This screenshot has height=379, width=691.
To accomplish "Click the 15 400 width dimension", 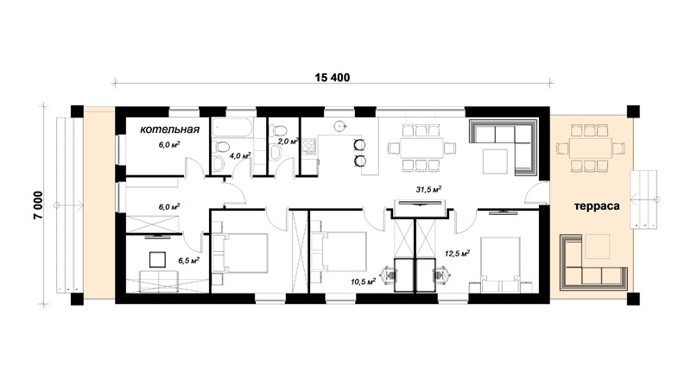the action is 333,78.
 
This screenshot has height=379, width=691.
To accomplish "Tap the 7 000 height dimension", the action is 38,205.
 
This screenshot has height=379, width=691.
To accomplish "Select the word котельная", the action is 169,129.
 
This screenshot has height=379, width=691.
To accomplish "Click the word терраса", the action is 597,206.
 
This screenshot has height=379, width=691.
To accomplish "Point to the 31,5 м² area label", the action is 428,190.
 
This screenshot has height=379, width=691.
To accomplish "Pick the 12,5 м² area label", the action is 457,254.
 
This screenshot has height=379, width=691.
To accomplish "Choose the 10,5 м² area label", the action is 363,281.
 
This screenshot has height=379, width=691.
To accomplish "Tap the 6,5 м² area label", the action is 188,261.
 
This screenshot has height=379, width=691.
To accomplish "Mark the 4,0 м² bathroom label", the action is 240,155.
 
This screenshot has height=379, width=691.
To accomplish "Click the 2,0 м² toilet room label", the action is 288,142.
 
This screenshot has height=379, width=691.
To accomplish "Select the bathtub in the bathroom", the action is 232,128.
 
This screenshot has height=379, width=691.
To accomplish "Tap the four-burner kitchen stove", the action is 309,146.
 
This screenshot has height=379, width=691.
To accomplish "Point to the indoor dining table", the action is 422,148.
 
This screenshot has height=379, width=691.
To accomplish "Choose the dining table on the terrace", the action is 591,148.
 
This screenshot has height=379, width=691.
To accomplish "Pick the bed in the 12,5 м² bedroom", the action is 500,264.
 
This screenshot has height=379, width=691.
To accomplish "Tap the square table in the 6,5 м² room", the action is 157,260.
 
